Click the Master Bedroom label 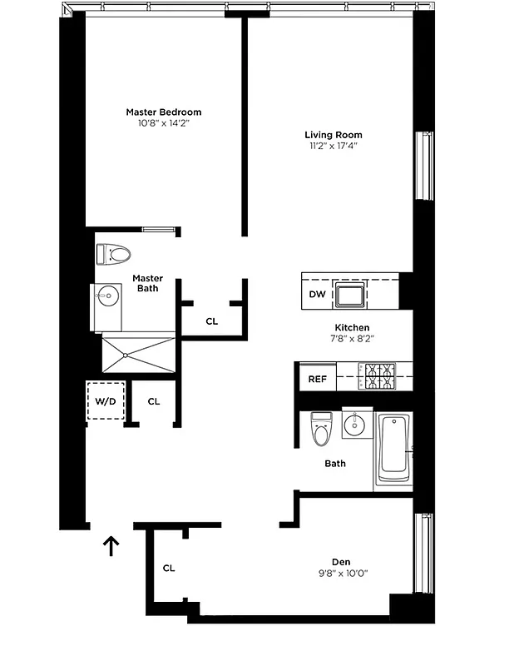tap(163, 112)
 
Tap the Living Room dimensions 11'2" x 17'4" tap(333, 147)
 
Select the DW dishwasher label tap(317, 294)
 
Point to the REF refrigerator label tap(317, 379)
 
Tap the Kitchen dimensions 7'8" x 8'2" tap(352, 340)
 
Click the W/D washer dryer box tap(106, 401)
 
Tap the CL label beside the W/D tap(154, 401)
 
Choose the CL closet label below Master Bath tap(211, 321)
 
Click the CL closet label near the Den tap(169, 569)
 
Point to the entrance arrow tap(111, 545)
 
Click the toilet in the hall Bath tap(320, 430)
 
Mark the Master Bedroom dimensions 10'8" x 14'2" tap(163, 123)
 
